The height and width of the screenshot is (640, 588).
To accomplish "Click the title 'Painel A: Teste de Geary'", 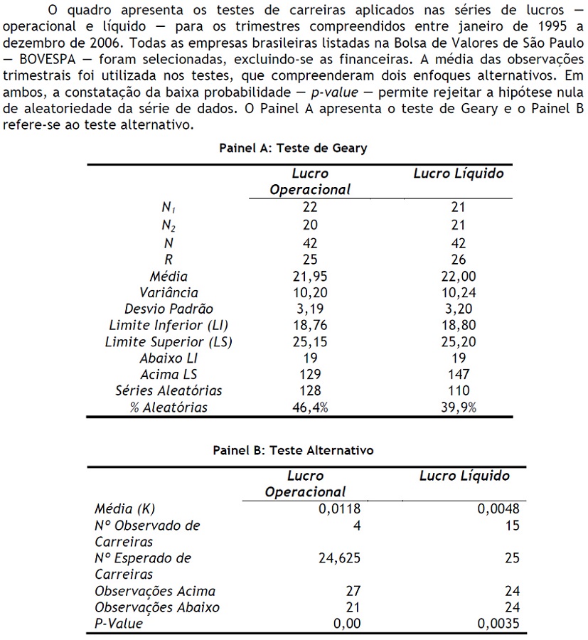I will (x=293, y=148).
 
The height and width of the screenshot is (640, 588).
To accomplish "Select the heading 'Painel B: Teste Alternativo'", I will (x=293, y=450).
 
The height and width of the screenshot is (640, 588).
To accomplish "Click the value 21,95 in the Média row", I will (x=310, y=276).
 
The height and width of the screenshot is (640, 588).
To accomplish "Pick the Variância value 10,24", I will (x=459, y=293).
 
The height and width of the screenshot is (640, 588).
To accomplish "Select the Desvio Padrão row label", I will (x=169, y=309).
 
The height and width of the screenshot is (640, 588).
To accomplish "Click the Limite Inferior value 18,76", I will (x=310, y=326).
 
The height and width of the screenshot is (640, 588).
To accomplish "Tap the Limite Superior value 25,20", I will (x=459, y=342).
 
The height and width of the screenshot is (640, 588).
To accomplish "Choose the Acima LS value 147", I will (x=459, y=375).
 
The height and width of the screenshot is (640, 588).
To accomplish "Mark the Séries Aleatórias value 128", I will (x=310, y=390).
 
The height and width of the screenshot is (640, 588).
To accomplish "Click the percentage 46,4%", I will (x=310, y=407).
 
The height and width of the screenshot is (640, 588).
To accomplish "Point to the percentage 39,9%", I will (x=459, y=407).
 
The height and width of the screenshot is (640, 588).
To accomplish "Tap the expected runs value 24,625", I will (x=339, y=558).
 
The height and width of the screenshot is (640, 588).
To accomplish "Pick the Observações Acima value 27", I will (x=353, y=591).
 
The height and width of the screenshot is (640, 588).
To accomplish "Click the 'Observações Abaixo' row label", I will (x=156, y=607).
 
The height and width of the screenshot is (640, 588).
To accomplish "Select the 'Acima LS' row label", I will (x=169, y=375).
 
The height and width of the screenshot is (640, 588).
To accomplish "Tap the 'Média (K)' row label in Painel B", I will (x=124, y=509).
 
